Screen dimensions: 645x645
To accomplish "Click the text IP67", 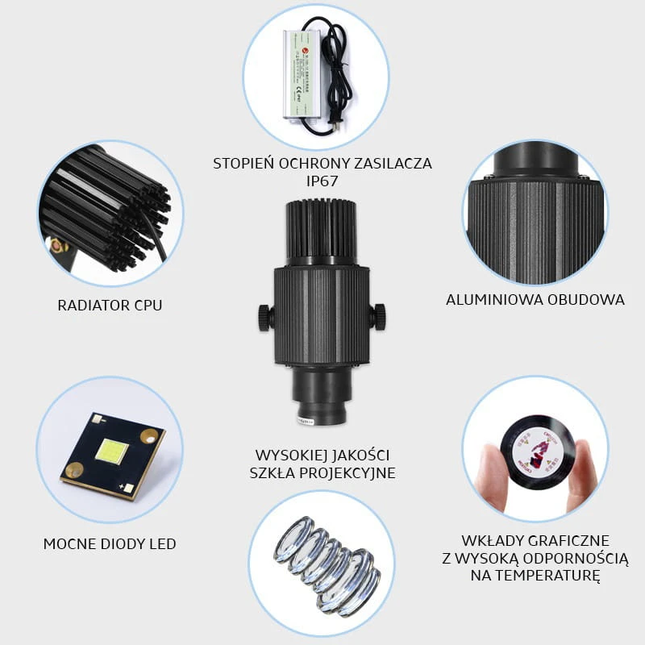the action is click(x=322, y=181).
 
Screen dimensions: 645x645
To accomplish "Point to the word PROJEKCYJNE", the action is click(x=347, y=473).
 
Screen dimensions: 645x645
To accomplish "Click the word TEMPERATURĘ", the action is click(x=535, y=576).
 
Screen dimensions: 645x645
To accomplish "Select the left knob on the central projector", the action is click(x=266, y=317).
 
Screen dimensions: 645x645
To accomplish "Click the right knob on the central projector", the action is click(x=377, y=316).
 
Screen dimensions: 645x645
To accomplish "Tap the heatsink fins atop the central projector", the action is click(x=322, y=231).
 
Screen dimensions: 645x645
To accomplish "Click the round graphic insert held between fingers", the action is click(x=538, y=451).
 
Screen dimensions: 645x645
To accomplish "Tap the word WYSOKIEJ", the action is click(x=291, y=456).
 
